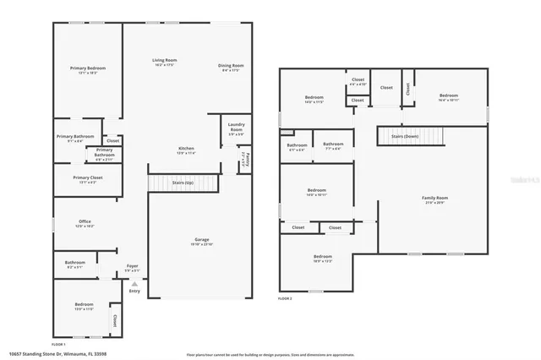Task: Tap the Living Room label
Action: (164, 61)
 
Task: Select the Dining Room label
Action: (232, 66)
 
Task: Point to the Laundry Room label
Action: (237, 130)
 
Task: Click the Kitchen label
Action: (186, 149)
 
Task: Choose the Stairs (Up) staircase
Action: (183, 183)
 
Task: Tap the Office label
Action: (85, 223)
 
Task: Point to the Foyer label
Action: (133, 268)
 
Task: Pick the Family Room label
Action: (434, 199)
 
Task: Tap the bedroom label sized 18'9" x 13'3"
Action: (323, 258)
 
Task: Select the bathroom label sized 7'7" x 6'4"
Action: (332, 146)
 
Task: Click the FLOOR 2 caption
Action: (286, 298)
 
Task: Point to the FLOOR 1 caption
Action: (59, 344)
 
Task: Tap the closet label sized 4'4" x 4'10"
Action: (358, 82)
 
